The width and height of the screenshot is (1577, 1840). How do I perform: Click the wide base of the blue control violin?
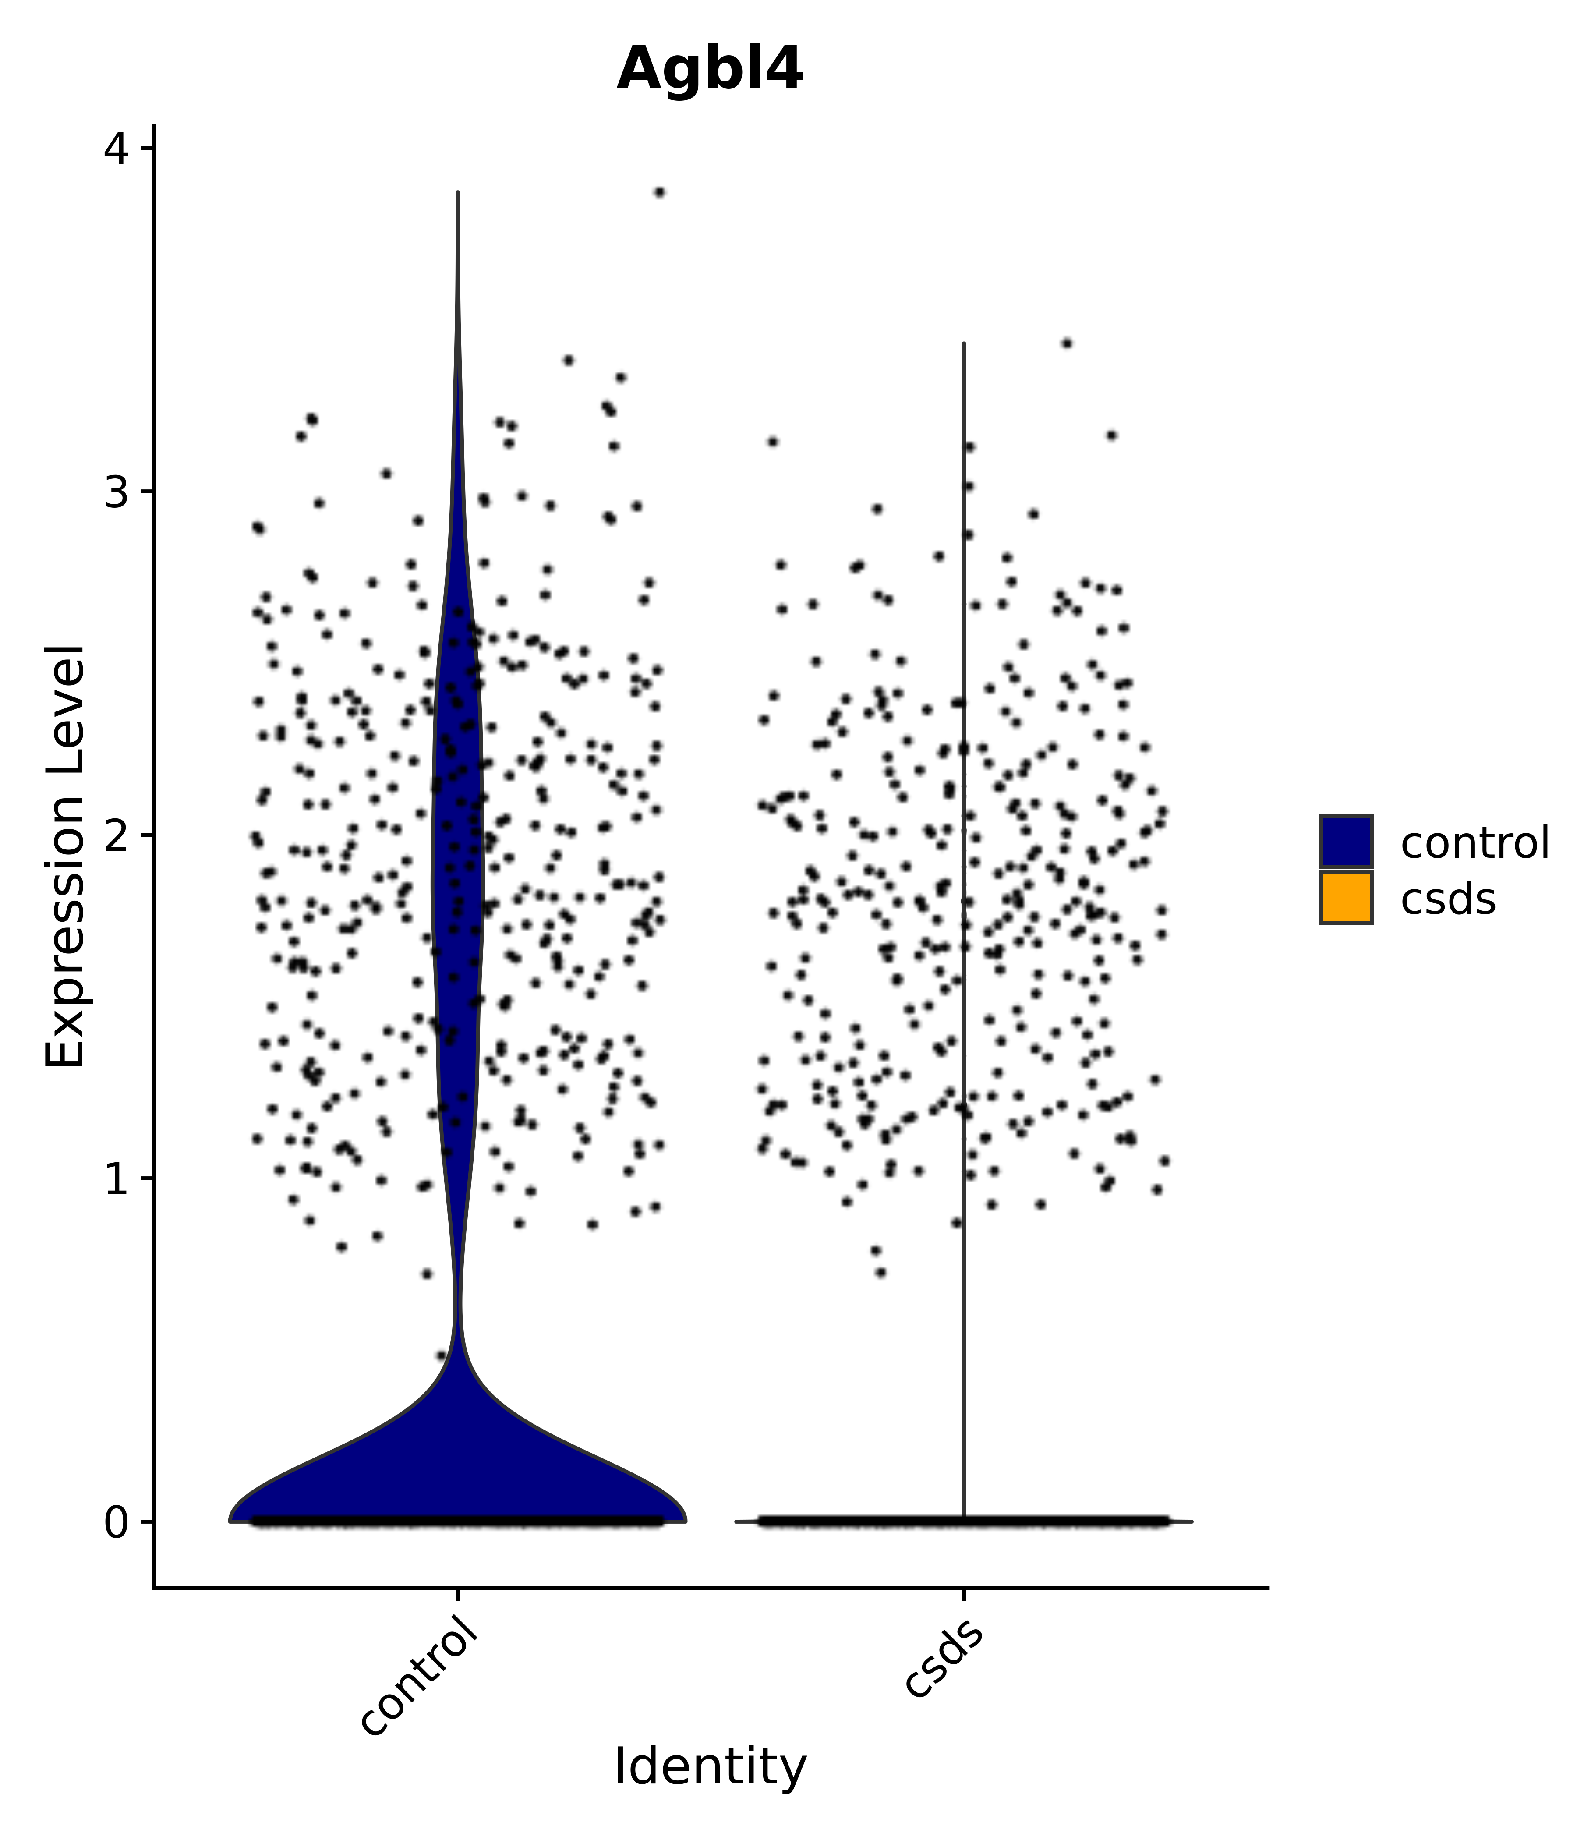(x=457, y=1474)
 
